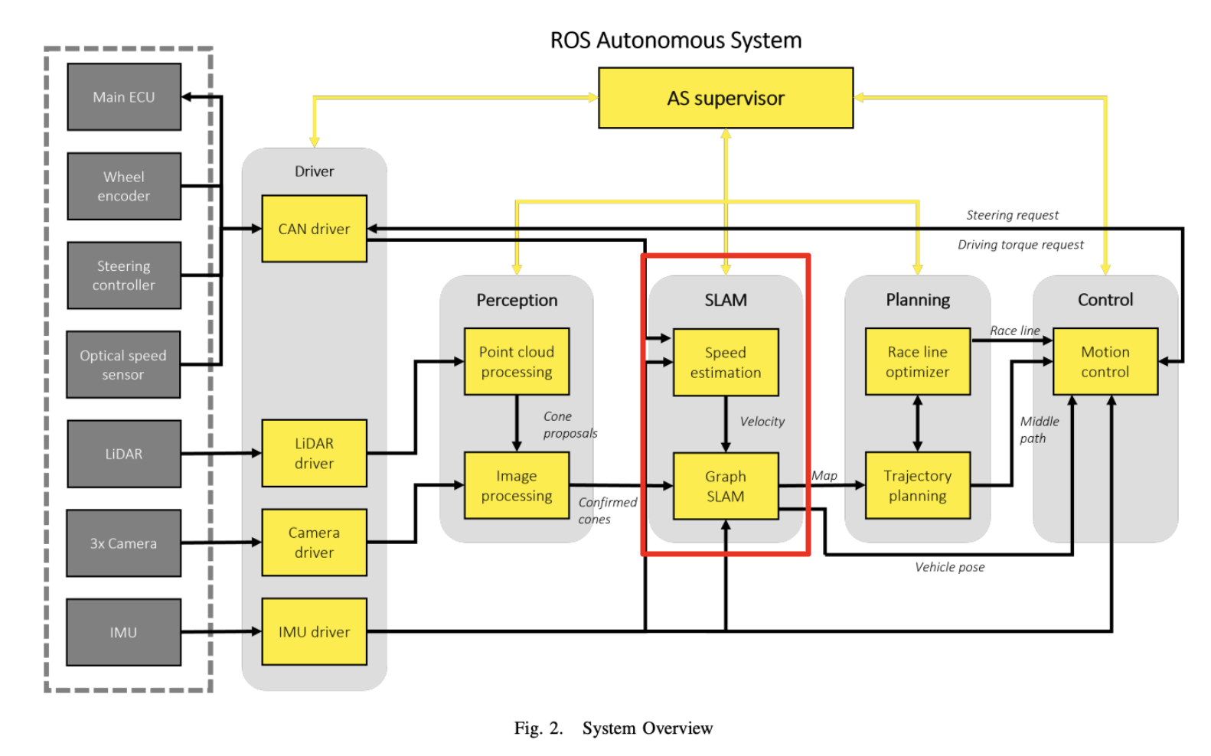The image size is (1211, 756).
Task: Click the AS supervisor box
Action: coord(725,98)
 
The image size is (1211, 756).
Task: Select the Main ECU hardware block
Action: coord(124,97)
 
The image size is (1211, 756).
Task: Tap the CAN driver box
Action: coord(314,229)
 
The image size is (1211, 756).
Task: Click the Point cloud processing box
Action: coord(516,362)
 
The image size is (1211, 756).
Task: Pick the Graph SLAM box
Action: coord(725,486)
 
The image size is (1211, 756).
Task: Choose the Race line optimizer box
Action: coord(917,362)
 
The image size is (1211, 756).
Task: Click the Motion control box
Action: coord(1105,362)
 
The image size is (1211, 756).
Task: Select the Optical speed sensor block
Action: coord(123,365)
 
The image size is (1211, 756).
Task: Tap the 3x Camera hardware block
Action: coord(123,543)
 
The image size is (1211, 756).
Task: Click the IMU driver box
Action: coord(314,632)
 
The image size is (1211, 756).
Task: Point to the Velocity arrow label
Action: coord(762,422)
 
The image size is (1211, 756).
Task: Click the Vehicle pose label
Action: coord(949,567)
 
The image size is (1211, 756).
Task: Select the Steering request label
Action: coord(1012,216)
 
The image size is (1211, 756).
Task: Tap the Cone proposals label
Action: coord(569,425)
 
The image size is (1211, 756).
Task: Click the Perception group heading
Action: coord(517,300)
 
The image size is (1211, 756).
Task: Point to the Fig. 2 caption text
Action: coord(612,728)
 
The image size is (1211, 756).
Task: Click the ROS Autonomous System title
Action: coord(675,41)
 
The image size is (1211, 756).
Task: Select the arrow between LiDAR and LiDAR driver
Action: coord(221,454)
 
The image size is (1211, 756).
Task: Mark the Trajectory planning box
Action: coord(917,486)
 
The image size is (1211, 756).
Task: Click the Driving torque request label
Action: coord(1020,245)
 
